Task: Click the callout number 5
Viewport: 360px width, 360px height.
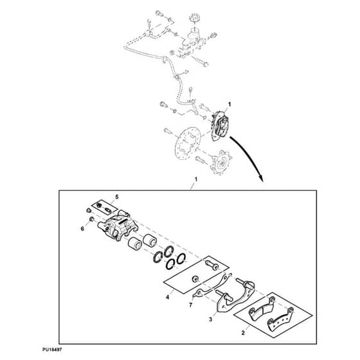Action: coord(117,197)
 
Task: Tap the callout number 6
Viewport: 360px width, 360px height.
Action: coord(82,229)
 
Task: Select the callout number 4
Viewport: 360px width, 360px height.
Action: coord(168,297)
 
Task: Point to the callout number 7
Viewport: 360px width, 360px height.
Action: coord(190,305)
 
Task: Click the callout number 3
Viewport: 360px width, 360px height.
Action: coord(211,319)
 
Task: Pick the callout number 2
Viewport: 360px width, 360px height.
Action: coord(243,333)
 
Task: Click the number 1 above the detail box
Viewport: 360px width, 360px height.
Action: coord(196,179)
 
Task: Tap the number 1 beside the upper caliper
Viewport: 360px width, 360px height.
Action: coord(229,104)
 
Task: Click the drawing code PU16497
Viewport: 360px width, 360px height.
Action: coord(52,350)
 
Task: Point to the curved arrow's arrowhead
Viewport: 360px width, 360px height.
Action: coord(261,179)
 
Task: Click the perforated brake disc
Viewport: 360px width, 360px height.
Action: coord(188,143)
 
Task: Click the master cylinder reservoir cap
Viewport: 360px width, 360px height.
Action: coord(195,18)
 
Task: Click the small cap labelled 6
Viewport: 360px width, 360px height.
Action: coord(91,219)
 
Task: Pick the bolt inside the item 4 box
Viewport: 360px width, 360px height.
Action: coord(212,265)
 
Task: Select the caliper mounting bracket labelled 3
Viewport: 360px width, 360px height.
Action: coord(234,296)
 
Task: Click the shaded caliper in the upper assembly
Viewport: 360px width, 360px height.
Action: coord(220,126)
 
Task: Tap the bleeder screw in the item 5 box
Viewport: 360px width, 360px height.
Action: coord(107,210)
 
